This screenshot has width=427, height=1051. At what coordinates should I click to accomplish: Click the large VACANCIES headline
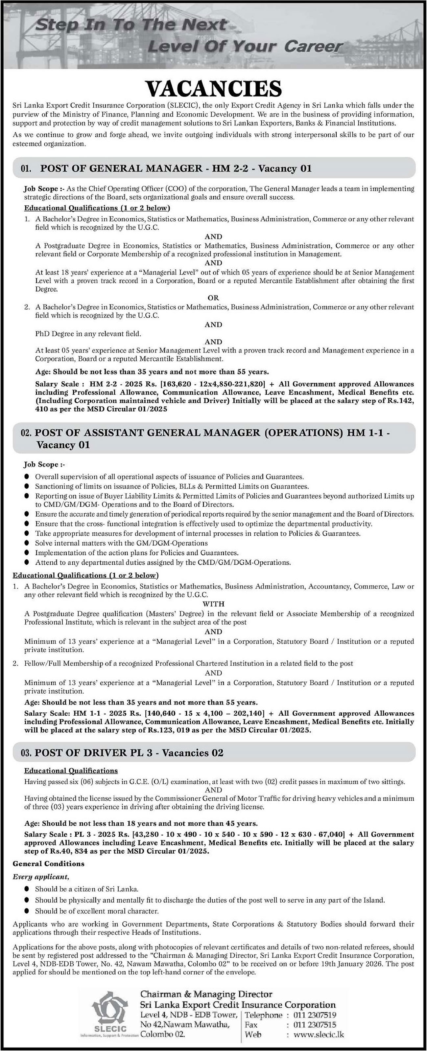pos(214,88)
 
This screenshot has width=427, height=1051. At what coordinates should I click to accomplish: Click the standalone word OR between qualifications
pos(213,298)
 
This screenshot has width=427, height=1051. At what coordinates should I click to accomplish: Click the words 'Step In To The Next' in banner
pos(130,25)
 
